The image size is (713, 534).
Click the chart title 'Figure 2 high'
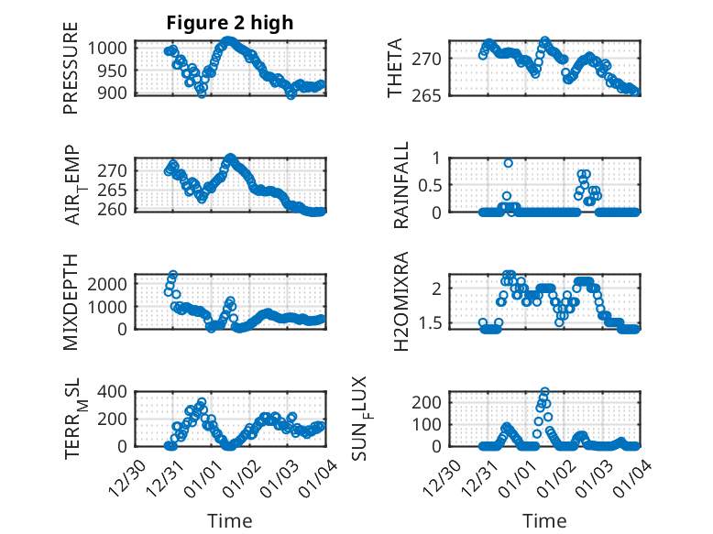point(229,23)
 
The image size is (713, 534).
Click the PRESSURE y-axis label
point(71,76)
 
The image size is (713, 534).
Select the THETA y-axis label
point(395,68)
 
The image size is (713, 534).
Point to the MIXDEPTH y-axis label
point(71,301)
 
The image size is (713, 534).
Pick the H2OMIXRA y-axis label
point(401,301)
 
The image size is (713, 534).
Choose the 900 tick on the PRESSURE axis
point(116,92)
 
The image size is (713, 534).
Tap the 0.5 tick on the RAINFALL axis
point(431,184)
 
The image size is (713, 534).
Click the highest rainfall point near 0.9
point(508,163)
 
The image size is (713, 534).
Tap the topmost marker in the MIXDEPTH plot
point(172,275)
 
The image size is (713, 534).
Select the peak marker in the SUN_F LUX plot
point(544,392)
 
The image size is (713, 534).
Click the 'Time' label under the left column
point(229,520)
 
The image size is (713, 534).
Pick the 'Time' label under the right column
point(544,520)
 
